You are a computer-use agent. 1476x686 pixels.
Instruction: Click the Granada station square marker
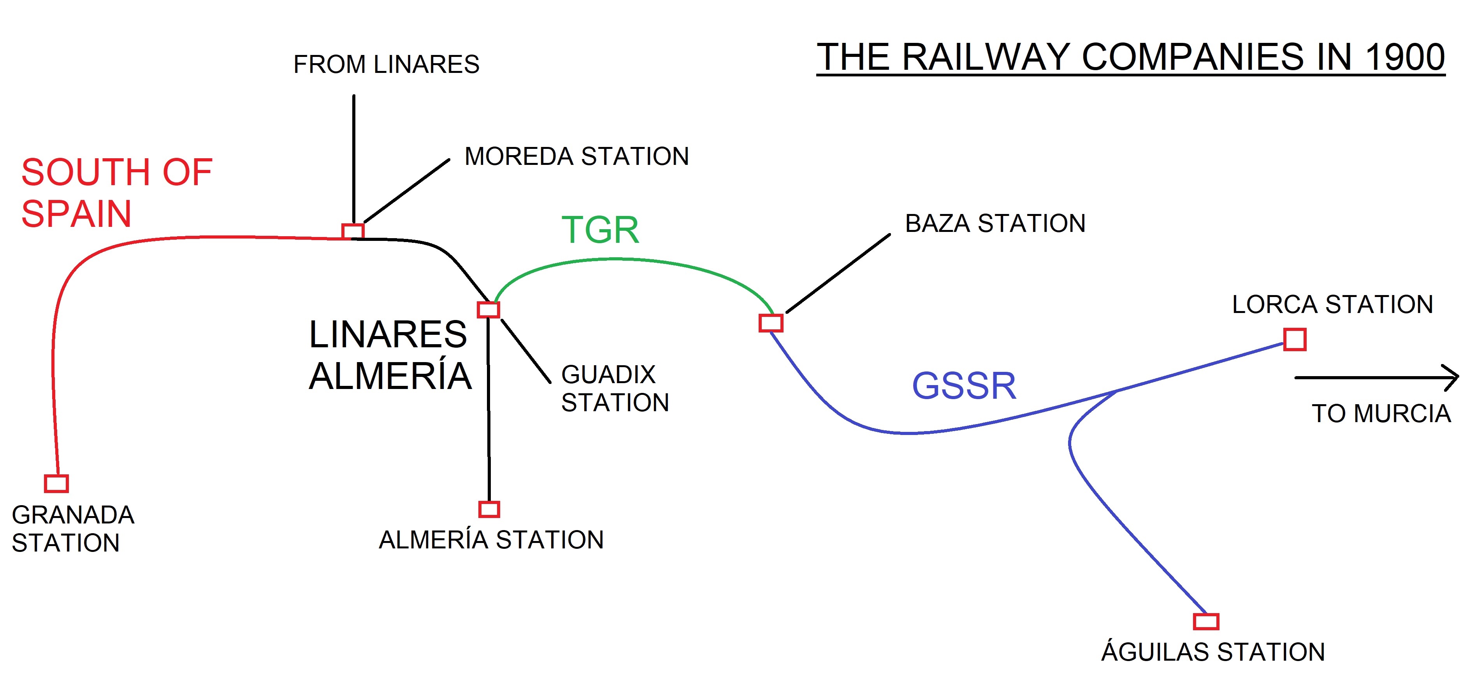click(x=56, y=484)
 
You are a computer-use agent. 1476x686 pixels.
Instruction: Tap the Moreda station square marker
click(x=352, y=231)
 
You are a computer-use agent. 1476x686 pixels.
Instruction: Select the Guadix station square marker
click(x=488, y=310)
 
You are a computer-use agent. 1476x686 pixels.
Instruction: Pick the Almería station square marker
click(x=489, y=509)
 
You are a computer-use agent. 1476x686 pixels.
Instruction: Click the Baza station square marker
click(x=771, y=323)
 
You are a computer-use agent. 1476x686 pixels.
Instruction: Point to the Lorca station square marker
click(x=1294, y=339)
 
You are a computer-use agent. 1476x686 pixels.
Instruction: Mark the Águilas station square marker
click(x=1205, y=621)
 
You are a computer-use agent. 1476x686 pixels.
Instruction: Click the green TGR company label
click(x=600, y=230)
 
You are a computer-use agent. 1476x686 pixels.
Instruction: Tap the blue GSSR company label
click(x=964, y=385)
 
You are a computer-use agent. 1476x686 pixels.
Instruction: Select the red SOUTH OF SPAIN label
click(x=116, y=193)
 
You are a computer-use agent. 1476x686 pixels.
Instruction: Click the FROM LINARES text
click(x=386, y=64)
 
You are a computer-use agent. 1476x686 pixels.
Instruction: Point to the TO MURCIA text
click(x=1381, y=414)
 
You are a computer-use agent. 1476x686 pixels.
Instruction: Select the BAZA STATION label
click(x=995, y=223)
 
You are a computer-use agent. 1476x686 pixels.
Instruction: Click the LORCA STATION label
click(x=1332, y=304)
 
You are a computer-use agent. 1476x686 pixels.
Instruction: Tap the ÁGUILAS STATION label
click(x=1213, y=652)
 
